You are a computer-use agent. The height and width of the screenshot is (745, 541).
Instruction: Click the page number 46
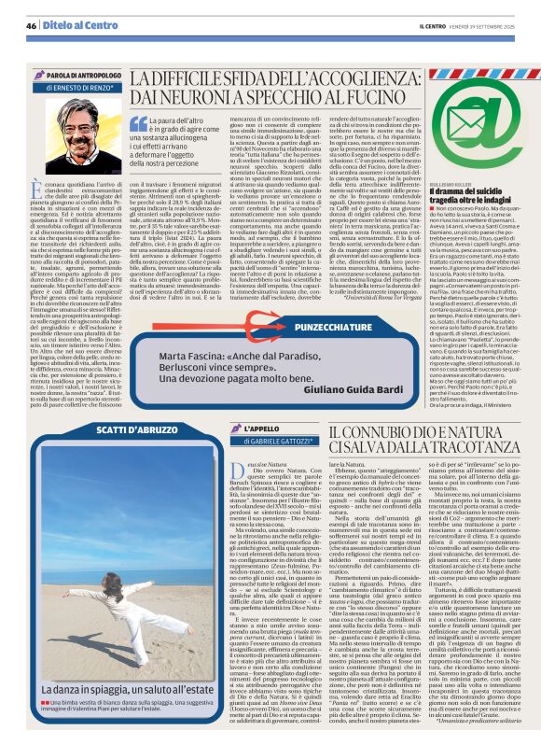point(32,25)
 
